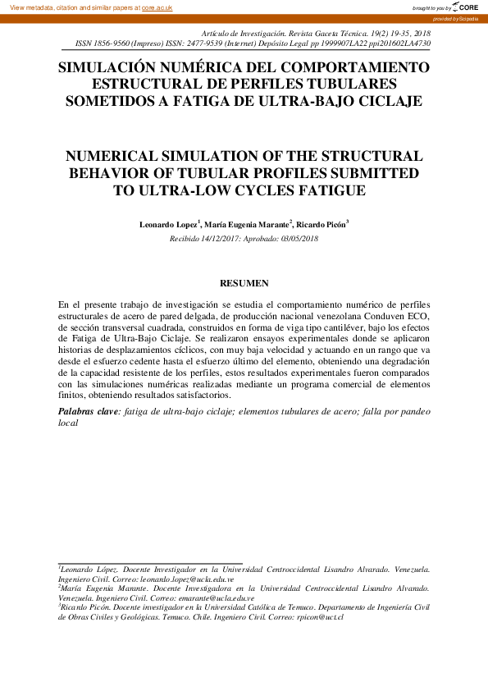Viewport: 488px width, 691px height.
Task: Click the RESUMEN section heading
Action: coord(244,283)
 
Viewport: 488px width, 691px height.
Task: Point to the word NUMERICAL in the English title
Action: coord(112,156)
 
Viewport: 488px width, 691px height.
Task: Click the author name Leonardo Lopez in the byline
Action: coord(171,224)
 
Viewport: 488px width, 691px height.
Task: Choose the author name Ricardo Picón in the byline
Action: coord(321,224)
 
